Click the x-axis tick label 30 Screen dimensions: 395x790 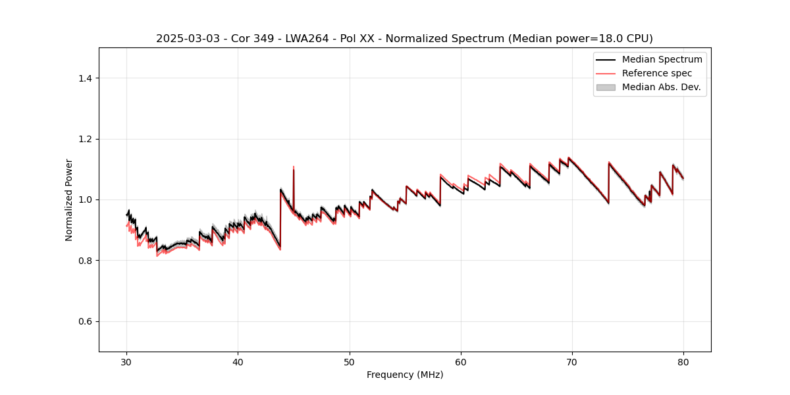pos(127,361)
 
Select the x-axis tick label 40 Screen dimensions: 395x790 pos(238,361)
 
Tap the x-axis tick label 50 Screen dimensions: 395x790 pos(350,361)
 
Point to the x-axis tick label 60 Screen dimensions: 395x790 pos(461,361)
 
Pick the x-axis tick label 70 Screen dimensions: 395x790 pos(572,361)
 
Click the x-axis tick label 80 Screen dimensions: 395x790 pos(683,361)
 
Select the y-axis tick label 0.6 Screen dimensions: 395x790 pos(85,321)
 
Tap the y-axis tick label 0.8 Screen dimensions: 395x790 pos(85,261)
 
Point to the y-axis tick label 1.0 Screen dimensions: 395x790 pos(85,199)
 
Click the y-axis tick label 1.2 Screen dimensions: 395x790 pos(85,139)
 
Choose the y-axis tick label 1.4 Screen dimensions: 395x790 pos(85,78)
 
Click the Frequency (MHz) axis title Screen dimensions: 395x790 pos(405,375)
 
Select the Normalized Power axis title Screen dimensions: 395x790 pos(69,199)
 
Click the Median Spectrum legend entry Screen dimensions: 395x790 pos(662,59)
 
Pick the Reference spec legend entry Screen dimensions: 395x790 pos(657,73)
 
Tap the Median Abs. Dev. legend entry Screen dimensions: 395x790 pos(661,87)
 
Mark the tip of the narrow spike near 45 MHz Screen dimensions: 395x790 pos(294,167)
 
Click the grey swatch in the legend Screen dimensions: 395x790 pos(606,87)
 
